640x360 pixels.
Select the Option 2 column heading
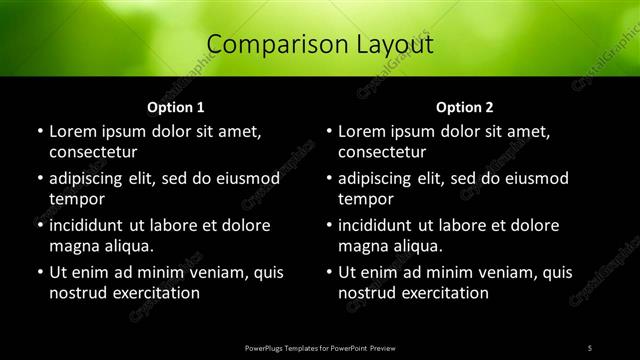465,106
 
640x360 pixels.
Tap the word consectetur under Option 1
93,152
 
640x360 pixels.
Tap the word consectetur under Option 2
383,152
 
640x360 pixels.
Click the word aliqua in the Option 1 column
128,246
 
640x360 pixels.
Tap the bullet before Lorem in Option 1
40,131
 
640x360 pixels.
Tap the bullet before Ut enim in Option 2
330,272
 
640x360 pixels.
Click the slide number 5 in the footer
590,347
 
